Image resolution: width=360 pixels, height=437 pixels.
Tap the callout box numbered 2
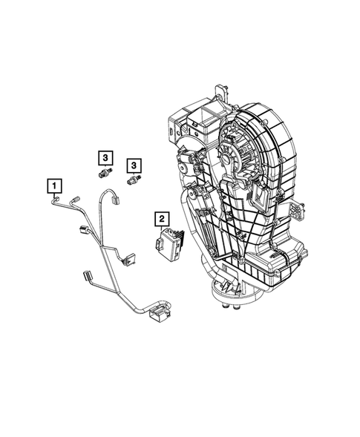160,218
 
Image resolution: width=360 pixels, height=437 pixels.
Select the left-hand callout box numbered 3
105,157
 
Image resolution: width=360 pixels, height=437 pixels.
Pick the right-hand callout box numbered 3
134,165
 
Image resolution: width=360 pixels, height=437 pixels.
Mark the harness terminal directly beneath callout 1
57,199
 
